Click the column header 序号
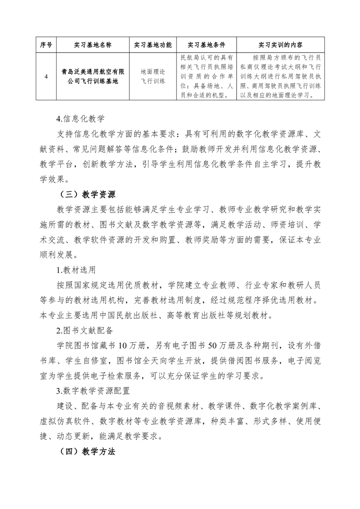point(47,45)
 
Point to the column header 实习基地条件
point(207,45)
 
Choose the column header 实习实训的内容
point(281,45)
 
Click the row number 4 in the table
point(47,77)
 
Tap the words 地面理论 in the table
point(153,72)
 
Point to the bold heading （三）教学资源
point(88,195)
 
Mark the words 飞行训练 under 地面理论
point(153,82)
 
